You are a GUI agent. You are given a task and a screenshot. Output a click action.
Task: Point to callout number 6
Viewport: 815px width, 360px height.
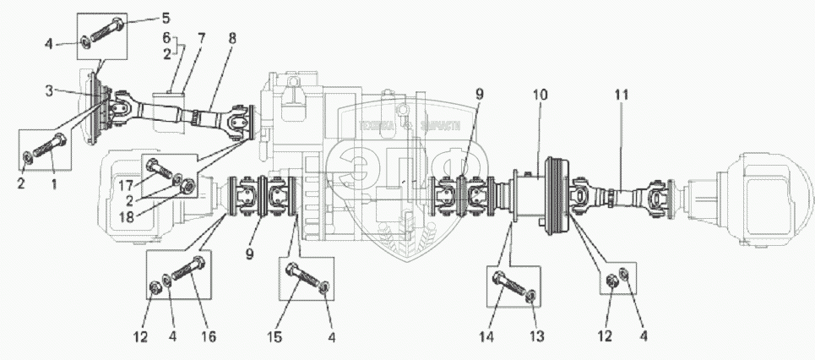tap(166, 39)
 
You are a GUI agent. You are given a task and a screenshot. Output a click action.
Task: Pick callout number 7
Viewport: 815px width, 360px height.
tap(200, 39)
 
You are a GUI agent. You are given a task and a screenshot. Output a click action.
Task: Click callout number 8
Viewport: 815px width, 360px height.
tap(232, 39)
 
